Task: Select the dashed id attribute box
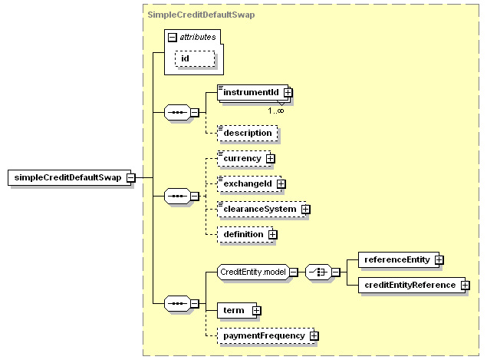coord(195,59)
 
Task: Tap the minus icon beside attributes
coord(173,37)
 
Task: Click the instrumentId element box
coord(250,93)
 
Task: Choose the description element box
coord(247,133)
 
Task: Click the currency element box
coord(242,159)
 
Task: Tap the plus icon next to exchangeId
coord(281,183)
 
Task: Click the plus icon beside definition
coord(272,234)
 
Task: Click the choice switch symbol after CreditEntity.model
coord(318,272)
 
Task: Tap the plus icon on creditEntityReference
coord(465,286)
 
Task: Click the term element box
coord(233,310)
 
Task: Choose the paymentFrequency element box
coord(262,335)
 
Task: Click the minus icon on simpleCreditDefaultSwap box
coord(130,177)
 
